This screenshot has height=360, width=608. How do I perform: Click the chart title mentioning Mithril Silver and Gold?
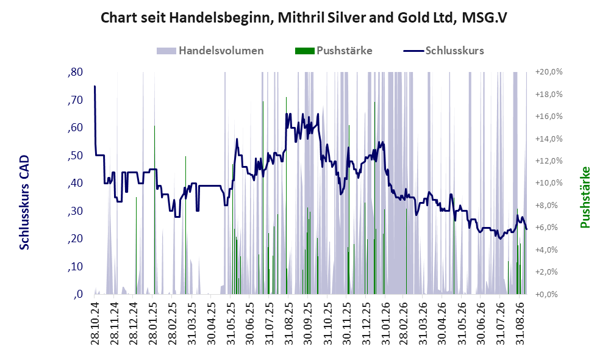pyautogui.click(x=304, y=18)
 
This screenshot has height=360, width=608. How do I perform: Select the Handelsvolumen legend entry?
pyautogui.click(x=210, y=51)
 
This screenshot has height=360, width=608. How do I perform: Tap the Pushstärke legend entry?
pyautogui.click(x=334, y=51)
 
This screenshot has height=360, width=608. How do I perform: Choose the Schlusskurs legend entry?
pyautogui.click(x=443, y=51)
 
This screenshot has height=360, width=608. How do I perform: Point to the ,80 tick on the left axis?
pyautogui.click(x=75, y=72)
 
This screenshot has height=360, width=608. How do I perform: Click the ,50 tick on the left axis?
pyautogui.click(x=75, y=156)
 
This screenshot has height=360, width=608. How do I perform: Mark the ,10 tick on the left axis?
pyautogui.click(x=75, y=267)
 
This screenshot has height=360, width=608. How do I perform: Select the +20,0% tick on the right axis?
pyautogui.click(x=549, y=72)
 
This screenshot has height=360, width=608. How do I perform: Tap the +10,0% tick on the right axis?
pyautogui.click(x=549, y=183)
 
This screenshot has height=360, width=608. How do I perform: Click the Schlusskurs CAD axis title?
pyautogui.click(x=24, y=203)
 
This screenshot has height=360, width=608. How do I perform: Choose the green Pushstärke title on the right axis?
pyautogui.click(x=585, y=198)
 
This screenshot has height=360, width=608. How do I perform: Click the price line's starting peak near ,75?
pyautogui.click(x=95, y=86)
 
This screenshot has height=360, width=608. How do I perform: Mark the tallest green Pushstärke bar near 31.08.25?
pyautogui.click(x=286, y=195)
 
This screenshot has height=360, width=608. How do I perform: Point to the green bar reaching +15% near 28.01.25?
pyautogui.click(x=154, y=210)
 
